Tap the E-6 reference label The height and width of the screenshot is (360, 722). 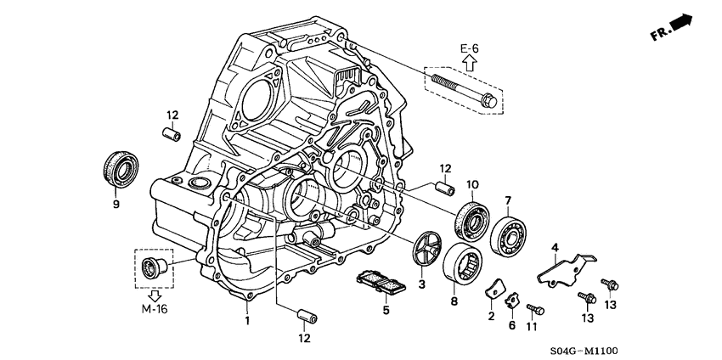pyautogui.click(x=471, y=49)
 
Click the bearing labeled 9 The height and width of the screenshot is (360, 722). pyautogui.click(x=116, y=170)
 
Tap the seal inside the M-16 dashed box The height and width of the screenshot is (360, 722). pyautogui.click(x=155, y=267)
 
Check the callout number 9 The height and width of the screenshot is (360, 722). pyautogui.click(x=116, y=204)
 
